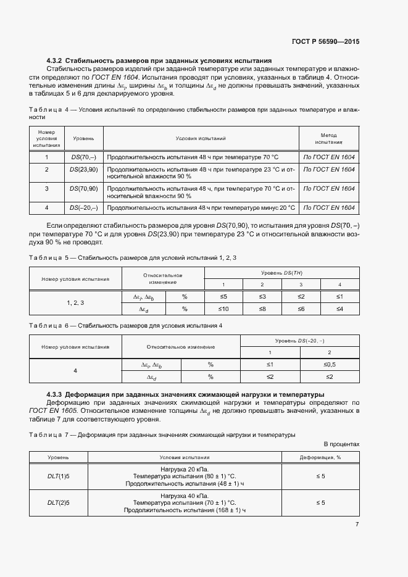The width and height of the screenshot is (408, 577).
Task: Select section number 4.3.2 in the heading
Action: coord(54,61)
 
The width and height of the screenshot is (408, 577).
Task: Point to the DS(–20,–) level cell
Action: coord(83,207)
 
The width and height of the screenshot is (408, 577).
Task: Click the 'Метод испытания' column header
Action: coord(328,137)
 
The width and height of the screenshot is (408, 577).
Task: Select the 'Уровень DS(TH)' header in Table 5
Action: coord(281,273)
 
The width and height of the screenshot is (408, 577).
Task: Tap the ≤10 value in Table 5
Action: coord(224,309)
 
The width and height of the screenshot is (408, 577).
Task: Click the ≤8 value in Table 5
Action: coord(262,309)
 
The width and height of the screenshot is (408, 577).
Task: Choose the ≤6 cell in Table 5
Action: coord(301,309)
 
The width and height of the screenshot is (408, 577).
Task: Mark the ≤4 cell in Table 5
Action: coord(339,309)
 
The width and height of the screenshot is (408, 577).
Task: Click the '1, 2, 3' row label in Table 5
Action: coord(75,303)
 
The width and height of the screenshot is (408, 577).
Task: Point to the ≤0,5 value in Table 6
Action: coord(329,365)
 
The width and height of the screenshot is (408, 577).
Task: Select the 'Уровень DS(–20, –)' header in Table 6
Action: coord(299,341)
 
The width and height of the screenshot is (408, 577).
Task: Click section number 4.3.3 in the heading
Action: coord(54,394)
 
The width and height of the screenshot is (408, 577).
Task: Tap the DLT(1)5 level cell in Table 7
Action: coord(59,476)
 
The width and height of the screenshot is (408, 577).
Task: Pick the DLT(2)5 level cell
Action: coord(59,503)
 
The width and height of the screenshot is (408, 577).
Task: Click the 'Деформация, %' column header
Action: coord(320,457)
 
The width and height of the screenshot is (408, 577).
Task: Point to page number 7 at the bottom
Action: coord(357,524)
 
